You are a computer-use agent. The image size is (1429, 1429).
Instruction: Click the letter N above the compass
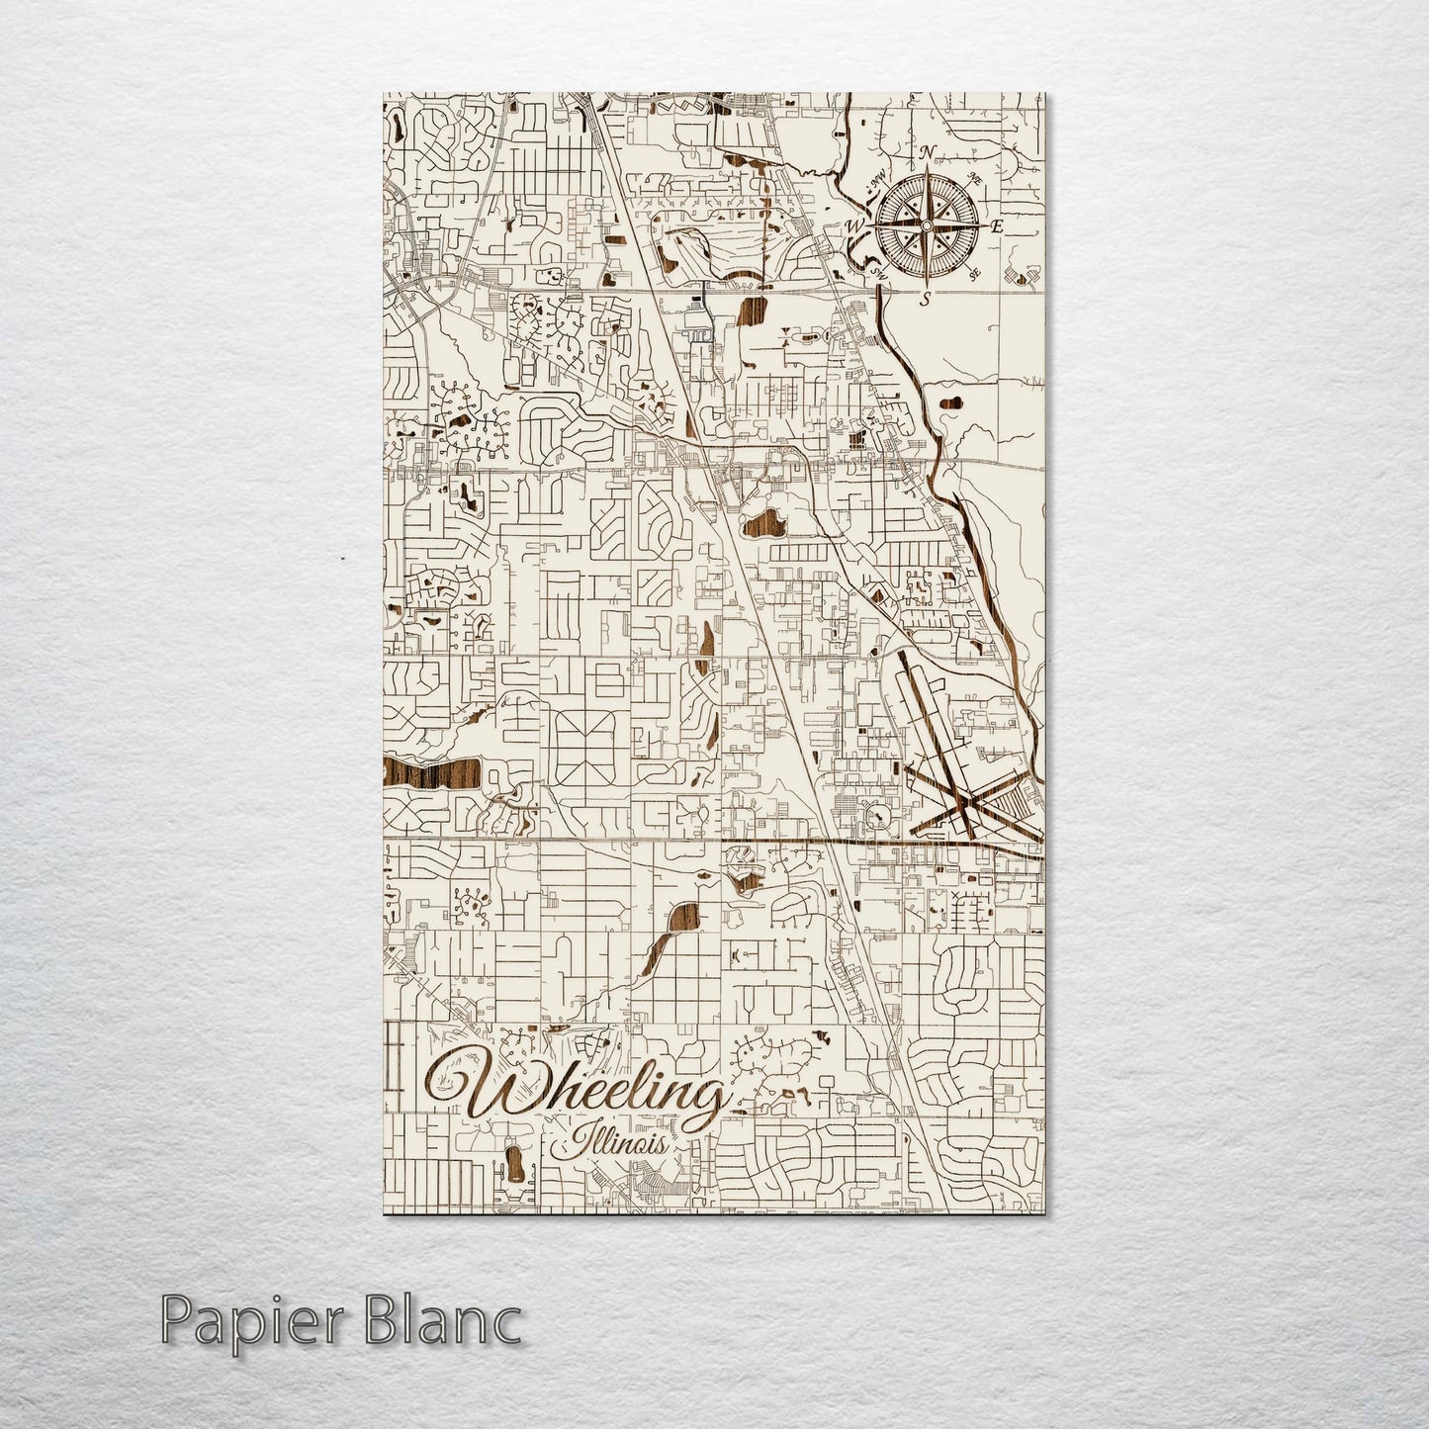[927, 152]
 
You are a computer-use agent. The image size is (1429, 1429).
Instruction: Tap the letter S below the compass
[925, 298]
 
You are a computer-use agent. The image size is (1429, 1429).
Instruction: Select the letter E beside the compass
[998, 226]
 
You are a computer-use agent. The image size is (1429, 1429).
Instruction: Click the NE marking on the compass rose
[974, 180]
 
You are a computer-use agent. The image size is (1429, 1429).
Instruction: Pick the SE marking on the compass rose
[974, 274]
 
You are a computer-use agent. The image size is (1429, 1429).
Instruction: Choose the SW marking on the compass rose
[874, 270]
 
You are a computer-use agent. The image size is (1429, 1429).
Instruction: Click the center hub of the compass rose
[925, 226]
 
